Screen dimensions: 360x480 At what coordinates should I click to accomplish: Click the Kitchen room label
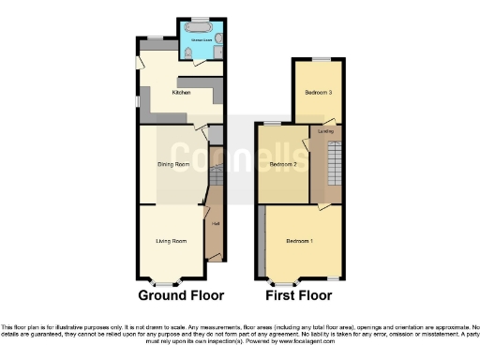tap(181, 93)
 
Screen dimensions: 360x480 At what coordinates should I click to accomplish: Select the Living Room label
tap(171, 242)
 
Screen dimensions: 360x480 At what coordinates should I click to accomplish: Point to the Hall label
tap(215, 223)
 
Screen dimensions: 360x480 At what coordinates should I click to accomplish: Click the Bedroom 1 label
tap(299, 242)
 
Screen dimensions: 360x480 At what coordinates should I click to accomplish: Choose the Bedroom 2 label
tap(283, 165)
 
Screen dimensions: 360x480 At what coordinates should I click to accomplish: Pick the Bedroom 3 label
tap(318, 92)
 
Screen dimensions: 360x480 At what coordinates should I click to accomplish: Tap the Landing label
tap(327, 131)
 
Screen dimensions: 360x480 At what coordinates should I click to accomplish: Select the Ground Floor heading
tap(181, 295)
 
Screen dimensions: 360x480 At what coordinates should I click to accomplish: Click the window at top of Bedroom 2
tap(273, 123)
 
